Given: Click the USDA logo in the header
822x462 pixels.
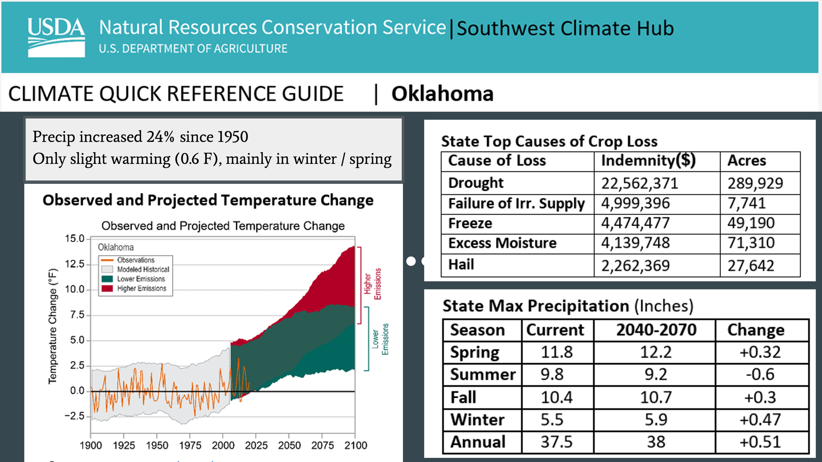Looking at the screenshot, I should click(x=56, y=37).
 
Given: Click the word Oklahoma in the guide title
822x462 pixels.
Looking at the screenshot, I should click(x=442, y=94).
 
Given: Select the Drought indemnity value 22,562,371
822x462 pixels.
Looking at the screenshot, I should click(x=640, y=183).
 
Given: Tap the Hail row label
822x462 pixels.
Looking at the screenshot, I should click(x=461, y=265).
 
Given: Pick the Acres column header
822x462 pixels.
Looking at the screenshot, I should click(x=747, y=161).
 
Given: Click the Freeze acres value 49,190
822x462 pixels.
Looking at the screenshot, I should click(x=751, y=223).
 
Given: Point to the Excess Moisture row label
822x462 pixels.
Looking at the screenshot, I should click(x=502, y=243).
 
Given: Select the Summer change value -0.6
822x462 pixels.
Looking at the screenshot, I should click(x=760, y=374).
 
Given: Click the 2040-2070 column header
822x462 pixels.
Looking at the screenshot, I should click(x=656, y=330).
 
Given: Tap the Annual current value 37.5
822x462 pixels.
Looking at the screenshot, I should click(x=556, y=441).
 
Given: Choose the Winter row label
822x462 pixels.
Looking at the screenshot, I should click(x=477, y=420).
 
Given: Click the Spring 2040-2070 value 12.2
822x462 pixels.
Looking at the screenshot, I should click(x=656, y=352).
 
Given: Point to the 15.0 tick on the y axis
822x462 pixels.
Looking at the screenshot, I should click(x=75, y=239).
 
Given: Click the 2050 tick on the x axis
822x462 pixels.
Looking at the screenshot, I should click(x=289, y=445).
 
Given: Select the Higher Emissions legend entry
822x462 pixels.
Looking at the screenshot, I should click(x=141, y=289).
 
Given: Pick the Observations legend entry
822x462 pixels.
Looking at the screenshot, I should click(x=135, y=260).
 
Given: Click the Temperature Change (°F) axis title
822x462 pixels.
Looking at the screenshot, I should click(x=53, y=326).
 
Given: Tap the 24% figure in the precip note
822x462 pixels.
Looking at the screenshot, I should click(x=161, y=137).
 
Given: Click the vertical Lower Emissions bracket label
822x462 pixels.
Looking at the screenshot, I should click(x=380, y=339).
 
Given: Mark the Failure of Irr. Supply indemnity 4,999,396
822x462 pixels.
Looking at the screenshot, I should click(x=635, y=203).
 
